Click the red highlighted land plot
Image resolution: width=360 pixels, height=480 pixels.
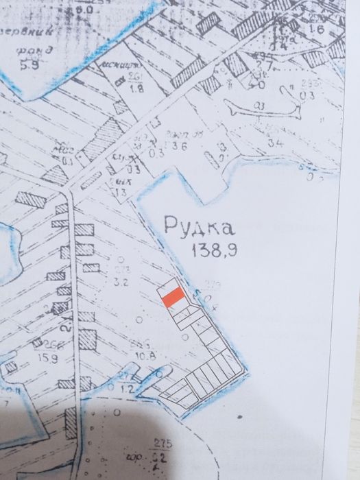(171, 296)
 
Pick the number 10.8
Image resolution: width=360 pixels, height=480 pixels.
(142, 356)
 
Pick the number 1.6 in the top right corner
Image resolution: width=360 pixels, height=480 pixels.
(316, 30)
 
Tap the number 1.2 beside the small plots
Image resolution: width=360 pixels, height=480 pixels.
(125, 388)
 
